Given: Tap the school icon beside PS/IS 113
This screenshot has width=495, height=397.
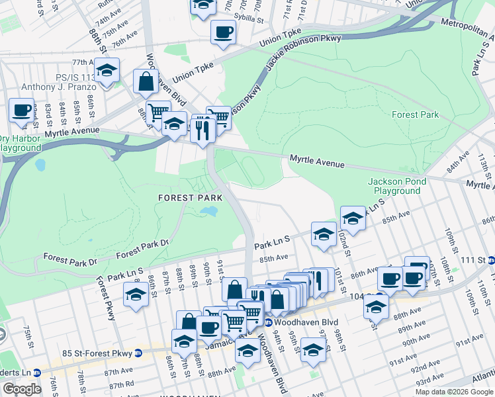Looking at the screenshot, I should [x=106, y=70].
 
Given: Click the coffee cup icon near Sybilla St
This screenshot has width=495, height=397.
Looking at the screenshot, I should [x=223, y=31].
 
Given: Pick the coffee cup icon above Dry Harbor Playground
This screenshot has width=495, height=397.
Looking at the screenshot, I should [x=21, y=110].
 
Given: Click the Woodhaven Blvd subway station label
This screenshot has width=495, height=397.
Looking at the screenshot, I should [x=292, y=322].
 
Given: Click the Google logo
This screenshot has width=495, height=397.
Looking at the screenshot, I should [x=21, y=389].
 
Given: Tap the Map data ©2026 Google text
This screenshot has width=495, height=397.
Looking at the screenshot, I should [x=455, y=392].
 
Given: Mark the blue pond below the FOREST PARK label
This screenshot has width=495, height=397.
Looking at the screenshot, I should [x=208, y=212].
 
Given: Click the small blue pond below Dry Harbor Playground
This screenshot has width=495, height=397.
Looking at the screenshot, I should [x=40, y=163].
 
